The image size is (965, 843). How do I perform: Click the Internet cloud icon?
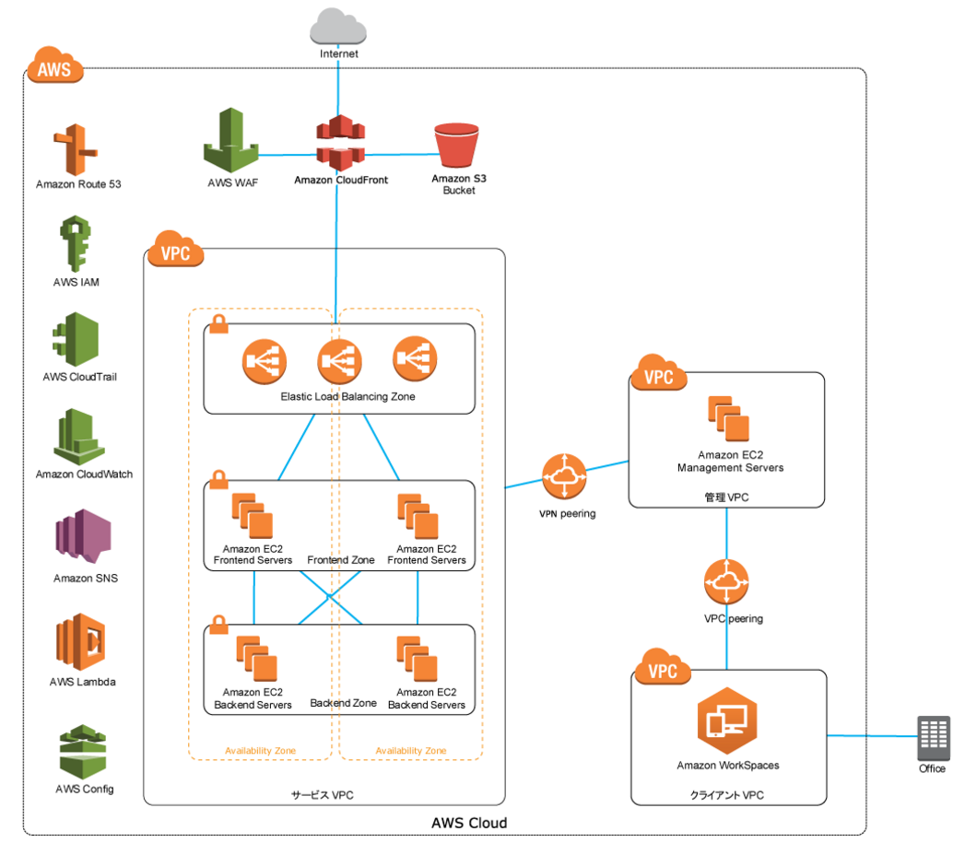click(338, 26)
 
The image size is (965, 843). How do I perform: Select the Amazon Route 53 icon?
click(76, 149)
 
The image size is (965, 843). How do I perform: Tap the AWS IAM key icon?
click(75, 243)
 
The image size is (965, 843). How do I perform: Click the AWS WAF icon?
click(231, 140)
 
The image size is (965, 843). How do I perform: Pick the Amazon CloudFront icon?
click(340, 143)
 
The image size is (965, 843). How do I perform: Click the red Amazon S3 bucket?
click(456, 146)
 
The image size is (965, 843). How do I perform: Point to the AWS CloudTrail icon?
click(76, 339)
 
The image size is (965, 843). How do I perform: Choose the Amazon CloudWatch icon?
click(78, 437)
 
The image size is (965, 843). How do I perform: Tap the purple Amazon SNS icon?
click(84, 536)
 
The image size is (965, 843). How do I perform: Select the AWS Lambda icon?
click(80, 642)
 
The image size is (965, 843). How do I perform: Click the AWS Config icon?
click(82, 752)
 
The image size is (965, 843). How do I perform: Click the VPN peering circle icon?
click(564, 476)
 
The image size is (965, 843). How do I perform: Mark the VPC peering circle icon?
click(726, 581)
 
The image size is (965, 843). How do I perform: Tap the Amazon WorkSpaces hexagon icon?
click(727, 720)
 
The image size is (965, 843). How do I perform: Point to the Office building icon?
click(934, 738)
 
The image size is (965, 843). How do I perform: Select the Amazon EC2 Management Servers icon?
click(729, 418)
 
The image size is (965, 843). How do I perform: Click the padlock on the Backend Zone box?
click(218, 625)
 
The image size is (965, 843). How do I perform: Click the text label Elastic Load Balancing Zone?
click(347, 397)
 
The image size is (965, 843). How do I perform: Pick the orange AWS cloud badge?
click(54, 64)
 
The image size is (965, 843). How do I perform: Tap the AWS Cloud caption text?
click(469, 824)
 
